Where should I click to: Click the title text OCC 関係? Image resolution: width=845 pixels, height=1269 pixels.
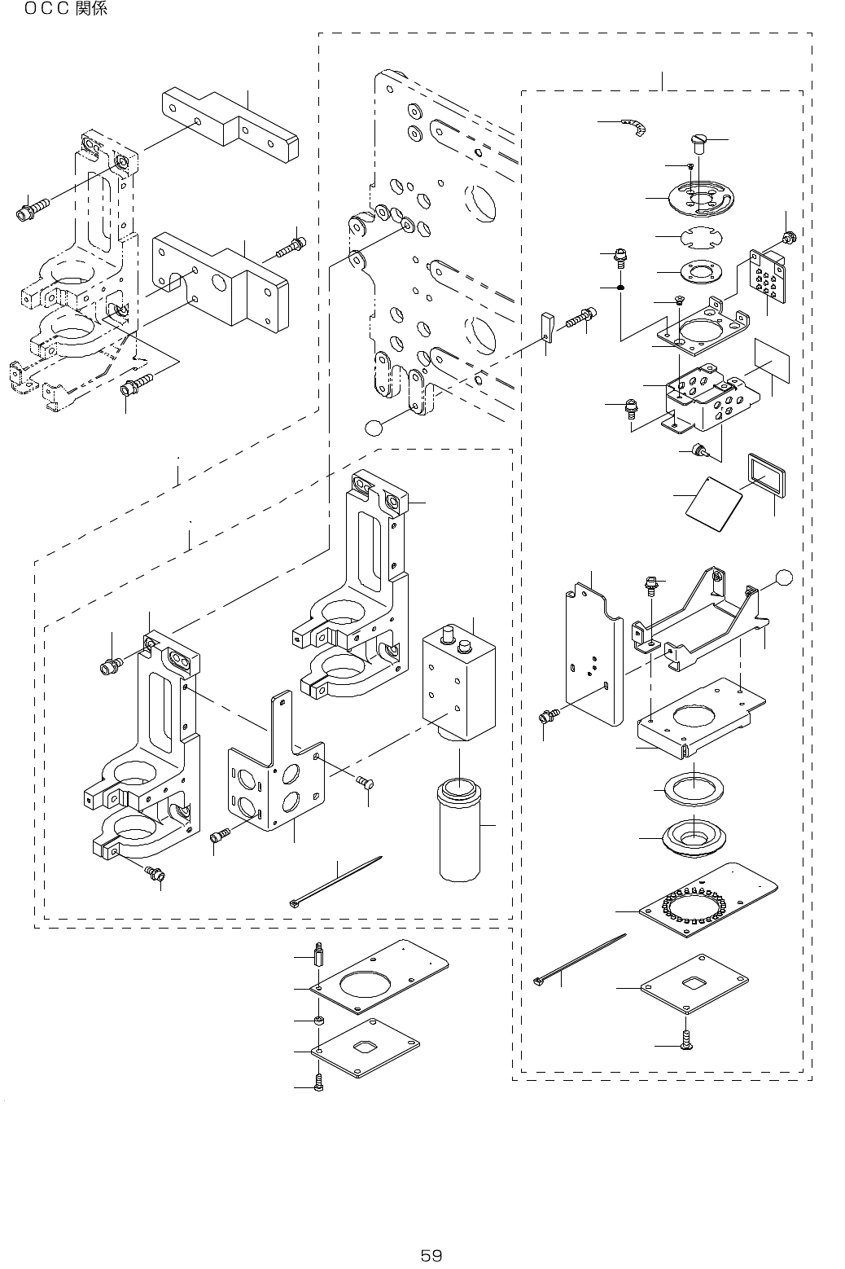point(66,10)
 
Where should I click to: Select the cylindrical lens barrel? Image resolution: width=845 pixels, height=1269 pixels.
point(460,830)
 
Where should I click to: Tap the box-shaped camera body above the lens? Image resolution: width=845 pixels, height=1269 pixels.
point(459,683)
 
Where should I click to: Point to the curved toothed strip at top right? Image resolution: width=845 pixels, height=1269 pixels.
point(635,127)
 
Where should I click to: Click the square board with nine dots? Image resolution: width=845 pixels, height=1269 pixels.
point(768,274)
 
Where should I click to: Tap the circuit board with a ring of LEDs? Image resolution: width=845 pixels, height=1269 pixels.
point(708,901)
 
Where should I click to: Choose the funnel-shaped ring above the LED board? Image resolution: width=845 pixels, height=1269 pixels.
point(694,837)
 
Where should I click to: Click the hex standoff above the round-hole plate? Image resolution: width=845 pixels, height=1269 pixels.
point(319,955)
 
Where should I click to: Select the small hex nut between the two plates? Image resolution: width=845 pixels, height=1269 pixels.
point(319,1021)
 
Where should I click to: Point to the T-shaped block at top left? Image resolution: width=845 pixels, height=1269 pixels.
point(230,125)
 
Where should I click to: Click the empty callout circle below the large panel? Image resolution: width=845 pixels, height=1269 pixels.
point(374,428)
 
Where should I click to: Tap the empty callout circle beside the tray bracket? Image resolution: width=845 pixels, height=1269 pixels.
point(784,577)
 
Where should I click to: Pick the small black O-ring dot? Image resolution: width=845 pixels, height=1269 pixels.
point(620,288)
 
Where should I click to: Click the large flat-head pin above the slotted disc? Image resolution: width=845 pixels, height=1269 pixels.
point(698,143)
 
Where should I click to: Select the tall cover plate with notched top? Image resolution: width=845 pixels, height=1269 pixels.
point(593,656)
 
